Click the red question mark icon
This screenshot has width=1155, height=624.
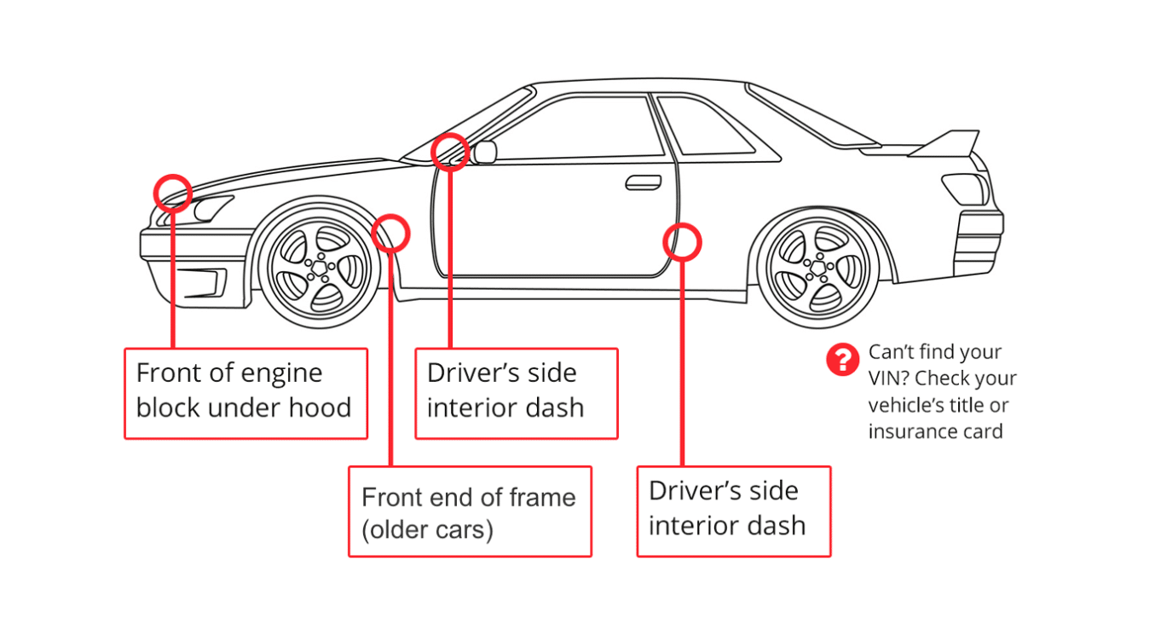[842, 360]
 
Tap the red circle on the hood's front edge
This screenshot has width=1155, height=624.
[172, 193]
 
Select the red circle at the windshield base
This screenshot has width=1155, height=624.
[450, 152]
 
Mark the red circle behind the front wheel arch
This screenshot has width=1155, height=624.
[391, 233]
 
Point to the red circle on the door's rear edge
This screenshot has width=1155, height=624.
[681, 242]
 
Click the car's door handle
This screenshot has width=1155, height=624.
[643, 182]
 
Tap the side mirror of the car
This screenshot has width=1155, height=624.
[485, 153]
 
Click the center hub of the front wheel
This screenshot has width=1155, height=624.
[318, 268]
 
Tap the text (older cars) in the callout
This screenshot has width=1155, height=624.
[427, 530]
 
